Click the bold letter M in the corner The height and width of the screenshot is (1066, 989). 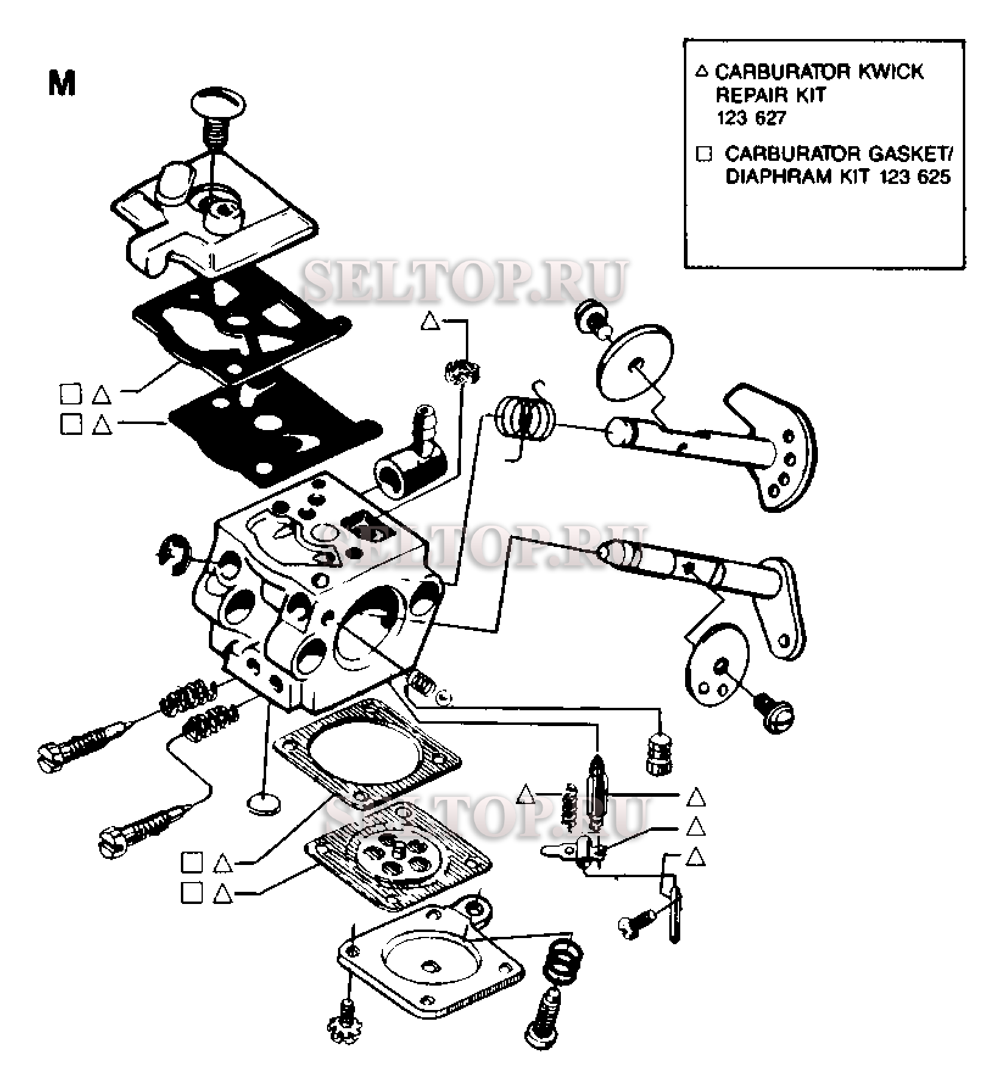[62, 83]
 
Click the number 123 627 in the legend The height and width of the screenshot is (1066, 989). [751, 118]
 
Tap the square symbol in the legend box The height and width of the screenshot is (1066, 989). [703, 154]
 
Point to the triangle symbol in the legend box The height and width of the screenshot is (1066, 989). [702, 71]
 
